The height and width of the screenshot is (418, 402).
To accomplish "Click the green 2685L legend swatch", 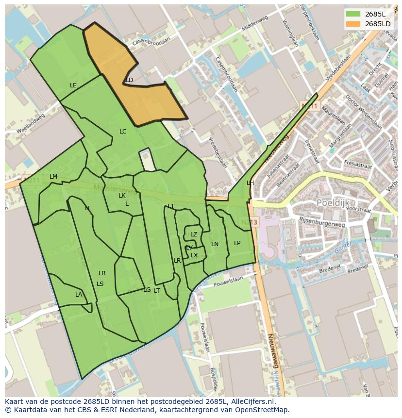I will (x=353, y=14).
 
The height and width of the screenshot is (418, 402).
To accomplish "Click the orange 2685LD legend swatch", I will (x=353, y=24).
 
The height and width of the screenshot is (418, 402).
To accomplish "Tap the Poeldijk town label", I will (x=333, y=202).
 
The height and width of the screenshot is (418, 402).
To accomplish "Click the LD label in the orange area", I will (x=129, y=80).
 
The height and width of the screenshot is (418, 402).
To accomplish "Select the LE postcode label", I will (x=73, y=85).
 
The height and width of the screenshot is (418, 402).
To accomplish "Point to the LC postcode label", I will (x=123, y=132).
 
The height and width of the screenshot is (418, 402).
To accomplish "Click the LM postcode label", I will (x=53, y=177).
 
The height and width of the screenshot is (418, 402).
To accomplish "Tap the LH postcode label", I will (x=250, y=183).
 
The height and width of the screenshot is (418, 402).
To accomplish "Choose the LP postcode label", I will (x=237, y=243).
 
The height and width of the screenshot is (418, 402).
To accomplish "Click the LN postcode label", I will (x=215, y=244).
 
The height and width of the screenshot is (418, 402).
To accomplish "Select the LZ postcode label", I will (x=194, y=234).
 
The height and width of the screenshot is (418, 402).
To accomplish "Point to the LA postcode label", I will (x=79, y=295).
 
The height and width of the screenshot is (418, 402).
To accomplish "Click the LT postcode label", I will (x=157, y=291).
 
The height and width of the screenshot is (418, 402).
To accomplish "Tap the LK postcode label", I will (x=122, y=196).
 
